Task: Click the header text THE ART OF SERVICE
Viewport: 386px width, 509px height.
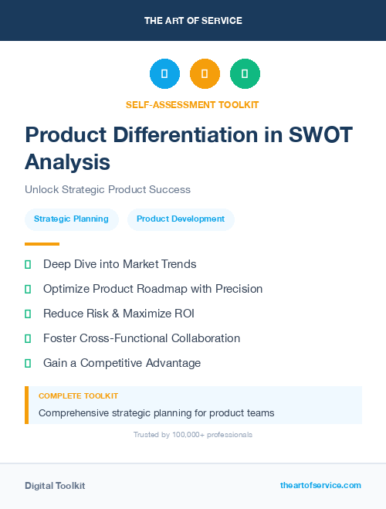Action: [x=193, y=21]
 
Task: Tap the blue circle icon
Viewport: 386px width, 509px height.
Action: [x=164, y=74]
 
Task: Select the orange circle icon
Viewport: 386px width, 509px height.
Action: [x=205, y=74]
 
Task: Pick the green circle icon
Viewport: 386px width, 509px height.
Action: [x=245, y=74]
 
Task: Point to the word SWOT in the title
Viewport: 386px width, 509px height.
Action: [x=321, y=134]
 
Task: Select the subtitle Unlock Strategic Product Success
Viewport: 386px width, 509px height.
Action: [x=107, y=189]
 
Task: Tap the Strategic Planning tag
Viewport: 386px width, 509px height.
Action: [x=71, y=219]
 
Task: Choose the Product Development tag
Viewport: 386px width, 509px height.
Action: [x=181, y=219]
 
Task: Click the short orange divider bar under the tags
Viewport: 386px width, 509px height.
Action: [x=36, y=243]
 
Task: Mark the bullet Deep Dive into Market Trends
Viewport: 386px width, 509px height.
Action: [x=120, y=264]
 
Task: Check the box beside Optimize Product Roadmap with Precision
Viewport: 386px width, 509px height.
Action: [x=28, y=289]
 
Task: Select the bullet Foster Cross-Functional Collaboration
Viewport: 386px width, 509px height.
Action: [x=141, y=338]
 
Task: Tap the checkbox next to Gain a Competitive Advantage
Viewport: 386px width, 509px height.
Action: [x=28, y=363]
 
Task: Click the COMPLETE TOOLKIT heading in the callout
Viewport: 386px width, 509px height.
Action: [x=78, y=395]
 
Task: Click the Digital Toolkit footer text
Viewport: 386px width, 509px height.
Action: [x=55, y=486]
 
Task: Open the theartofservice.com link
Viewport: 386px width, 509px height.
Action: [x=320, y=485]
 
